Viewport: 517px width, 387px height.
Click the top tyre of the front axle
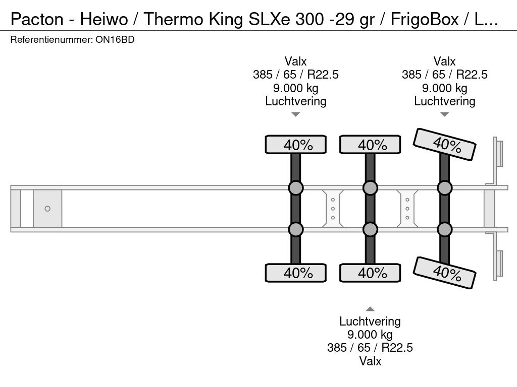[x=296, y=145]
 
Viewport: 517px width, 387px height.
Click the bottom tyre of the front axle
[x=296, y=273]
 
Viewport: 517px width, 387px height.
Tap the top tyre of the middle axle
[x=370, y=145]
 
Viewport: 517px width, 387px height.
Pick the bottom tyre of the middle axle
[x=370, y=273]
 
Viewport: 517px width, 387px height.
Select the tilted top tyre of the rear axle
[x=445, y=144]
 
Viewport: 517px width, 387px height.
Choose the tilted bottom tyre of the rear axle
[x=445, y=273]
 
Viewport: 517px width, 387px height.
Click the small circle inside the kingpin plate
[x=47, y=209]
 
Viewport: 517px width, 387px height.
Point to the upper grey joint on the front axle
[x=296, y=188]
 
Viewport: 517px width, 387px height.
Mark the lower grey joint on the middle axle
[x=370, y=230]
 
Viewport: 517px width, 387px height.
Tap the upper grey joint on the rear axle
[x=445, y=188]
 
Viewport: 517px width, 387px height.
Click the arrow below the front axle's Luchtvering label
[x=296, y=114]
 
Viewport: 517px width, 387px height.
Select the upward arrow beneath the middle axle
[x=370, y=309]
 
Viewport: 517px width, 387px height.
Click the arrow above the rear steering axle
[x=445, y=114]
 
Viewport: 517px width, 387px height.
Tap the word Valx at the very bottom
[x=370, y=361]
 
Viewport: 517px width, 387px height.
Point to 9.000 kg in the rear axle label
[x=445, y=88]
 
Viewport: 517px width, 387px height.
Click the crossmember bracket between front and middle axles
[x=333, y=209]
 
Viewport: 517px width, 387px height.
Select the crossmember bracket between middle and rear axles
[x=407, y=209]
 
